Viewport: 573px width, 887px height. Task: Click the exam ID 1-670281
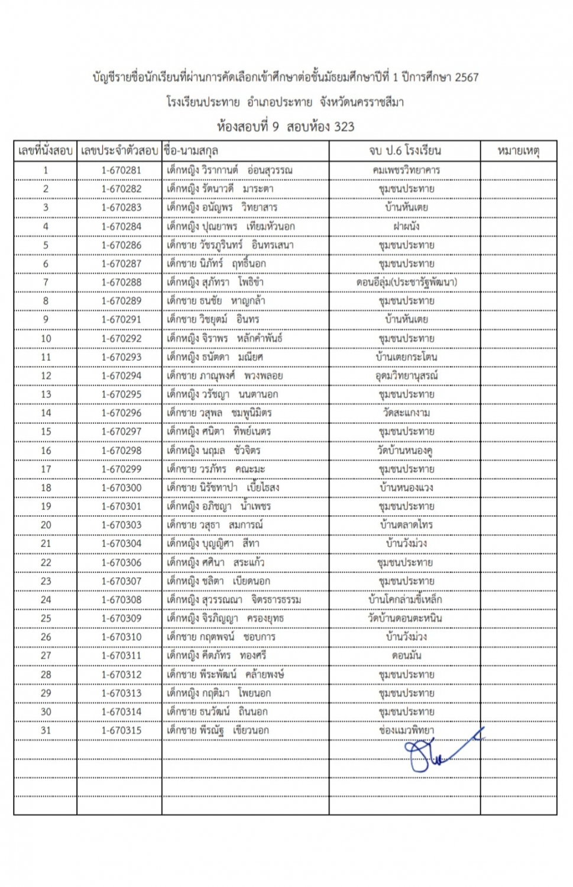click(121, 170)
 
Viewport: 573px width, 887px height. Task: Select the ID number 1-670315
click(121, 730)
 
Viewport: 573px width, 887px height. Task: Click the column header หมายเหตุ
click(518, 151)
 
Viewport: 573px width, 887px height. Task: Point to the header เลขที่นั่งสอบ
click(46, 151)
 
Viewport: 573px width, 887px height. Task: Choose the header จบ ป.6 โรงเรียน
click(405, 151)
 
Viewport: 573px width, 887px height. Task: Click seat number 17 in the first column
click(46, 469)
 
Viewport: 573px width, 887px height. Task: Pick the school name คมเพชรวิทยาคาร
click(406, 170)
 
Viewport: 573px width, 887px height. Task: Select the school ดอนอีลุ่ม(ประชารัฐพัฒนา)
click(406, 282)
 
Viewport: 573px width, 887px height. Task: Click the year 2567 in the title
click(467, 77)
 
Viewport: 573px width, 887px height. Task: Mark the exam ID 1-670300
click(121, 488)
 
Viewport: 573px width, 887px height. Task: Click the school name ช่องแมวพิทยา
click(406, 730)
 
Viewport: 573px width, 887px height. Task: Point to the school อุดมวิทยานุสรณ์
click(406, 375)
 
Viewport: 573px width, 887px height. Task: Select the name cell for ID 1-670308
click(234, 600)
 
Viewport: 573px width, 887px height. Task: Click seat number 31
click(46, 730)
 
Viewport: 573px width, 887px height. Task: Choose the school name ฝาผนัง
click(406, 226)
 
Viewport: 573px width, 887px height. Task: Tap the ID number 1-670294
click(121, 375)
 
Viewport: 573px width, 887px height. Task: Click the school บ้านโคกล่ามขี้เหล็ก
click(405, 600)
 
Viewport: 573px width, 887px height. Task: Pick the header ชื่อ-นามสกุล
click(192, 151)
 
